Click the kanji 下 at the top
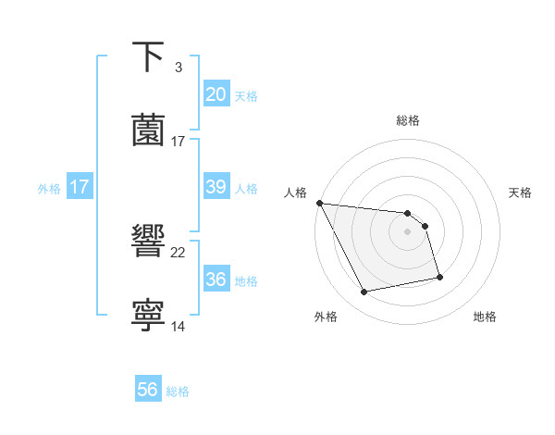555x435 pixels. [149, 57]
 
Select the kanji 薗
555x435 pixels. [149, 130]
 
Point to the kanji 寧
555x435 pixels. [149, 315]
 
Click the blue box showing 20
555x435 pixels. [216, 94]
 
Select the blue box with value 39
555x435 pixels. [216, 187]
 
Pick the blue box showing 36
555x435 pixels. [216, 280]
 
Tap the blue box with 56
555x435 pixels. [148, 390]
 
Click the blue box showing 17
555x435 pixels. [79, 187]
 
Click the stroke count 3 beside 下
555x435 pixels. [178, 68]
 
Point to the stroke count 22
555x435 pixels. [179, 252]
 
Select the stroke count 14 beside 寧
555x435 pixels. [179, 326]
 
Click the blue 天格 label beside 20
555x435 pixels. [245, 96]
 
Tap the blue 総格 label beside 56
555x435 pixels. [178, 391]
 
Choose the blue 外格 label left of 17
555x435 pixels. [49, 189]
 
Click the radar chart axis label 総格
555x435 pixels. [408, 120]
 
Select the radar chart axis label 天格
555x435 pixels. [521, 193]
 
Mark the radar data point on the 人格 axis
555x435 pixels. [320, 203]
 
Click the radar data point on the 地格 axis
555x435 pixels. [439, 277]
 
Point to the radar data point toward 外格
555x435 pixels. [364, 292]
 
